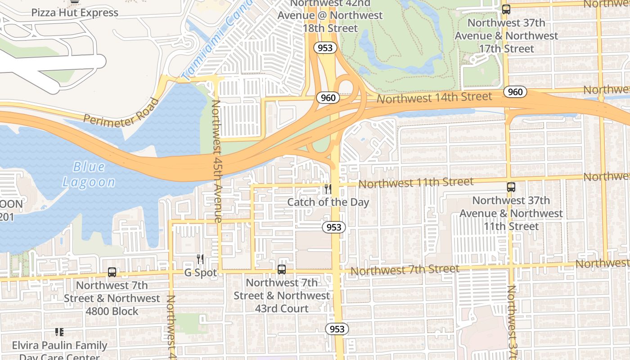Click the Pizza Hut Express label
75,13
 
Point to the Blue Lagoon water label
89,174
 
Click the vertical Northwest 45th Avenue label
217,161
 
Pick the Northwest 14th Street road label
434,97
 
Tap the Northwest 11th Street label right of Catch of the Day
416,183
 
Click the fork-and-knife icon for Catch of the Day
328,189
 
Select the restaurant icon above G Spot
200,259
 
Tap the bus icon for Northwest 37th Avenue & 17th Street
506,9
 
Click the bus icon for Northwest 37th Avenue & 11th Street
511,187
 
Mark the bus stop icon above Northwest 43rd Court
282,270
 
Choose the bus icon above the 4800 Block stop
112,272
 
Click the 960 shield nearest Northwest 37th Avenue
515,92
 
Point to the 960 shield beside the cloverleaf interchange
328,98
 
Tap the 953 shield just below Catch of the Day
334,227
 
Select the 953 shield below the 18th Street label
325,48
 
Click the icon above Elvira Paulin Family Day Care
59,332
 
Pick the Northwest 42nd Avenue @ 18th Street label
330,15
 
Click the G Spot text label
201,273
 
